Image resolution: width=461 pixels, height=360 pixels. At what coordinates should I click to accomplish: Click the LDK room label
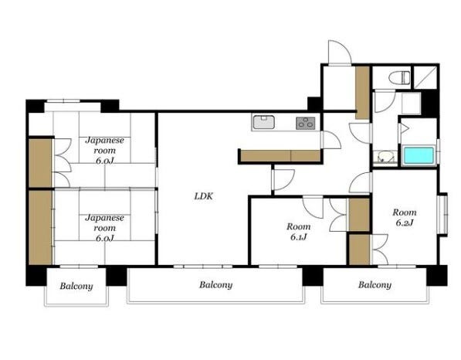pos(203,196)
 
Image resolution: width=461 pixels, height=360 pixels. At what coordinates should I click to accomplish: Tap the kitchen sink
pos(264,122)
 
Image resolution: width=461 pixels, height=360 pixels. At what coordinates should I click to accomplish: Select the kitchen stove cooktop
pos(306,124)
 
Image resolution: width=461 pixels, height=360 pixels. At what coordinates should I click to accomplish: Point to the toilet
pos(399,78)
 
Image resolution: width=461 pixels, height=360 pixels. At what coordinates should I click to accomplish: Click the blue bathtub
pos(419,155)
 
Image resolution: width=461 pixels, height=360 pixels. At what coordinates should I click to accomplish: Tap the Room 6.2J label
pos(405,217)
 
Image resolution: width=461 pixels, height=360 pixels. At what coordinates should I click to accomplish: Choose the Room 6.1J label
pos(298,232)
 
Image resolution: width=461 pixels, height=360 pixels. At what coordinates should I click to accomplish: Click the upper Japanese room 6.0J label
pos(105,151)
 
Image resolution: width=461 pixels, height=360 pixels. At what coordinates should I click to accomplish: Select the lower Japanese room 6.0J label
pos(105,228)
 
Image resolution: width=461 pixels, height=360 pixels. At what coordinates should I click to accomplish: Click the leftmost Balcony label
pos(76,286)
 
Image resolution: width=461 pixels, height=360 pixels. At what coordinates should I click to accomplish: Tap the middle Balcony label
pos(215,285)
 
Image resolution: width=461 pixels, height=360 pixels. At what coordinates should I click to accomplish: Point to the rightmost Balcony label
pos(375,285)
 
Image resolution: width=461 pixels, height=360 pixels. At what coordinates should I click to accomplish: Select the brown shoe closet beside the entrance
pos(362,93)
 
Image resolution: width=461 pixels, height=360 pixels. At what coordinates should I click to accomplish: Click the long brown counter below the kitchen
pos(280,155)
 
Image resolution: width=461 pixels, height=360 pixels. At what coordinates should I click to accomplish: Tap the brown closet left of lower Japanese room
pos(41,227)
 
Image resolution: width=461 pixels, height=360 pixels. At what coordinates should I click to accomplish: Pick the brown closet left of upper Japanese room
pos(40,163)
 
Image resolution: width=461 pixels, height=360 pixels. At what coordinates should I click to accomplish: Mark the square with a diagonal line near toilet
pos(425,77)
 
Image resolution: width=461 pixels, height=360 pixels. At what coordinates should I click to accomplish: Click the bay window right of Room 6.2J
pos(442,215)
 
